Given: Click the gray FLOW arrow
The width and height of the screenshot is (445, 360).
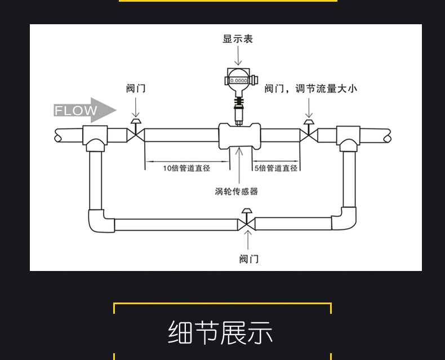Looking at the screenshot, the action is point(85,110).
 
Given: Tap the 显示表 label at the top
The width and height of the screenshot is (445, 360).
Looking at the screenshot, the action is point(238,39).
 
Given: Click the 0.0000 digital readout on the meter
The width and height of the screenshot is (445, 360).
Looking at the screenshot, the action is point(238,81).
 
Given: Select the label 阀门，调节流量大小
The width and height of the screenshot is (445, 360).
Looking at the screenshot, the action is point(310,88).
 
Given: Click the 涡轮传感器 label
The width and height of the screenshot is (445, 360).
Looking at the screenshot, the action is point(236,192).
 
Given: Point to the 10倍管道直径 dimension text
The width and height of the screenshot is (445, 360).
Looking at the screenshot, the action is point(186,168).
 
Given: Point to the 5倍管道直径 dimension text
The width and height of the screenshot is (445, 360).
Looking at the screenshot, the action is point(276,168).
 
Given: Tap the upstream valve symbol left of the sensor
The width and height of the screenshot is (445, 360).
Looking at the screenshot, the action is point(136,131).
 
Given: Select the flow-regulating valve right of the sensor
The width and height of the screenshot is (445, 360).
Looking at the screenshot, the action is point(309,131).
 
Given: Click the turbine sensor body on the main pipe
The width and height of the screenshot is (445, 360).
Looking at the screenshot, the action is point(240,136).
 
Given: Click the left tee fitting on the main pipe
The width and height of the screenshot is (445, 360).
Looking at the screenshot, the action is point(95,138).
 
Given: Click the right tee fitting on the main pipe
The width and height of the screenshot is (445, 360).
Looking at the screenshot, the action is point(348,138).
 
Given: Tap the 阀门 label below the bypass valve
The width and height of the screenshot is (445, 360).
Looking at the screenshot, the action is point(249,259).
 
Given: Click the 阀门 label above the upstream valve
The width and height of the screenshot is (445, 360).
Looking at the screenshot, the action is point(136,88).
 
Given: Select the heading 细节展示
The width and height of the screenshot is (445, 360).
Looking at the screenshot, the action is point(220,332).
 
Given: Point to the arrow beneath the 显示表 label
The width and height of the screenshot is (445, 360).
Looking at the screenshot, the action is point(238,56).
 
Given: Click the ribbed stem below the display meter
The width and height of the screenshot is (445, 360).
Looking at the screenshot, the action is point(239,101).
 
